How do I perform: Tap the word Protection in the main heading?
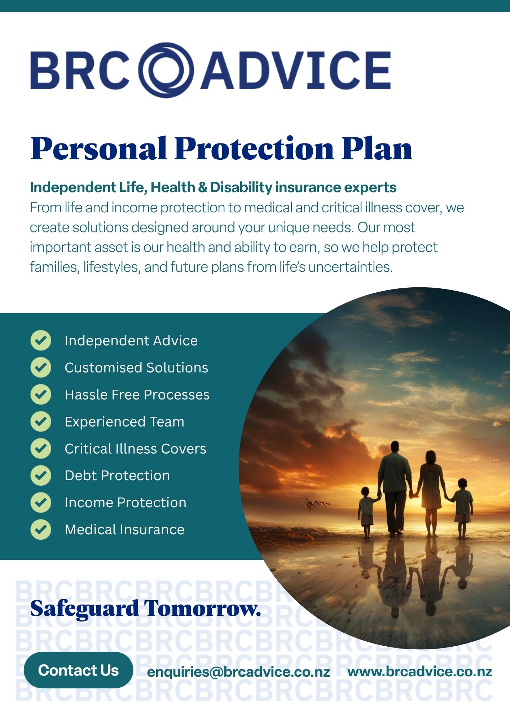coord(254,148)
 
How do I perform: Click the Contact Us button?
coord(78,670)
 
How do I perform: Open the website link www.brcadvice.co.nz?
coord(420,672)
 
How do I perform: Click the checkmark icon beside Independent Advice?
coord(41,340)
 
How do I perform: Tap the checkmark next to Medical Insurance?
coord(41,529)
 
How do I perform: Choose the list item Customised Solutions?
coord(136,368)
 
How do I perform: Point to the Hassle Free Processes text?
coord(137,395)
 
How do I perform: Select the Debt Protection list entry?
coord(117,475)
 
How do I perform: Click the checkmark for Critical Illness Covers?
coord(41,448)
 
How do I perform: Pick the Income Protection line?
coord(126,503)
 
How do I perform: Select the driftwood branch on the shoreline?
coord(315,503)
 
